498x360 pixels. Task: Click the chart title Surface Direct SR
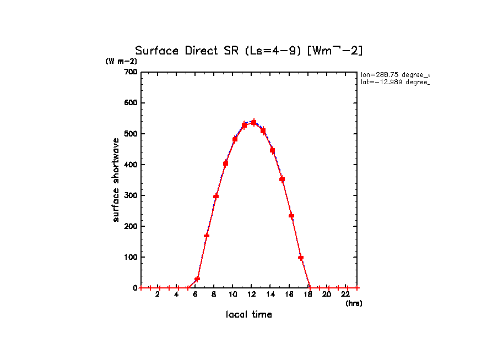(x=248, y=51)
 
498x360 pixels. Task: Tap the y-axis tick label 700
(x=131, y=72)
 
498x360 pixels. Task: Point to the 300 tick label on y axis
(x=131, y=195)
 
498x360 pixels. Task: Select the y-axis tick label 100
(x=131, y=257)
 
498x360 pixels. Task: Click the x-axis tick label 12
(x=252, y=294)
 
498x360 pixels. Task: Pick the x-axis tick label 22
(x=346, y=294)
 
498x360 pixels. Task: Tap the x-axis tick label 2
(x=158, y=294)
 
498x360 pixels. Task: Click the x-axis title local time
(x=248, y=314)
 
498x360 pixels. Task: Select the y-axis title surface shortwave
(x=116, y=180)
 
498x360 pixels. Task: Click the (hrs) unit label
(x=354, y=303)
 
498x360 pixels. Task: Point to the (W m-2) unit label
(x=121, y=61)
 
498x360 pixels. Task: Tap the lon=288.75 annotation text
(x=394, y=74)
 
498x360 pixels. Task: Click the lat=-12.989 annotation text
(x=394, y=82)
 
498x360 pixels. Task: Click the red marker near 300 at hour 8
(x=216, y=196)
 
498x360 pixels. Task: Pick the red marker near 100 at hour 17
(x=301, y=257)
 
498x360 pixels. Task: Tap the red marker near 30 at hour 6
(x=197, y=279)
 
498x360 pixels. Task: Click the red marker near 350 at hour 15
(x=282, y=179)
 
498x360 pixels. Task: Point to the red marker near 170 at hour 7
(x=207, y=236)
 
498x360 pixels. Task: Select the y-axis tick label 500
(x=131, y=134)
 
